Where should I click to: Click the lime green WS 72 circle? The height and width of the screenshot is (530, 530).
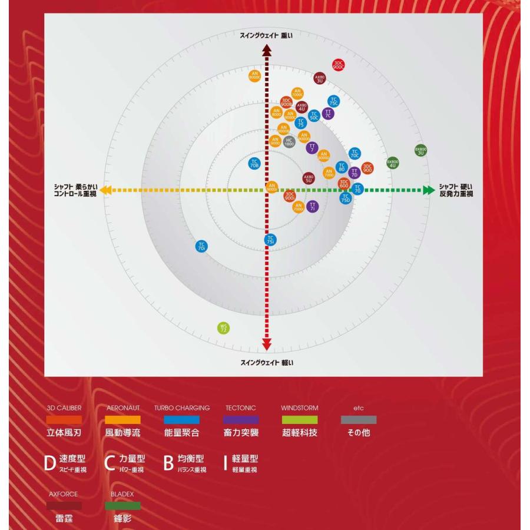[x=223, y=328]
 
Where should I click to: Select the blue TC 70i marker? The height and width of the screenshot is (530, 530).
[x=201, y=247]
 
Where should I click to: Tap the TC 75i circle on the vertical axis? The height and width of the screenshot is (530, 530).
[x=270, y=239]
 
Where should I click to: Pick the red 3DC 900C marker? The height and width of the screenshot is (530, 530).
[x=339, y=65]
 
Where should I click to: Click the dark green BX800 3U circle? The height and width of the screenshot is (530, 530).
[x=420, y=151]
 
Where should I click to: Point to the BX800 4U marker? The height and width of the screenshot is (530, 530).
[x=393, y=163]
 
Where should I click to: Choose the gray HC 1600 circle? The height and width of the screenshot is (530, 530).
[x=289, y=141]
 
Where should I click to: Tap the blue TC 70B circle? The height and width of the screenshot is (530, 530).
[x=254, y=164]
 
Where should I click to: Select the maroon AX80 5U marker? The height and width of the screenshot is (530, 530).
[x=309, y=178]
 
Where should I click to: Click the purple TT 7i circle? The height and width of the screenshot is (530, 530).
[x=313, y=206]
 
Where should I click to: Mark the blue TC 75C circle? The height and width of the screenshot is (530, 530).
[x=333, y=101]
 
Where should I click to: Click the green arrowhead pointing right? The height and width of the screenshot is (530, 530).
[x=428, y=190]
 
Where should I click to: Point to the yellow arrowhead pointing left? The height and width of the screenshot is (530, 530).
[x=104, y=190]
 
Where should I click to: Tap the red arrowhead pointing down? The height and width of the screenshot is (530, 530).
[x=267, y=346]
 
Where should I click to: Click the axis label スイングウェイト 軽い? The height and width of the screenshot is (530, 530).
[x=267, y=362]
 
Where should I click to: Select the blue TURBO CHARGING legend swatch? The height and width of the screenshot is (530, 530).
[x=182, y=420]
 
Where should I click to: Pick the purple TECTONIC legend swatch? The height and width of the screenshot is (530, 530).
[x=241, y=420]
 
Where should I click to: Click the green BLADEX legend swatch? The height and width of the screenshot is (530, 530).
[x=123, y=505]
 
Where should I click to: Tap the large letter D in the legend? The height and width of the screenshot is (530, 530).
[x=50, y=463]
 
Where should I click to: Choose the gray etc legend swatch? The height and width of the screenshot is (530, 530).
[x=359, y=420]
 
